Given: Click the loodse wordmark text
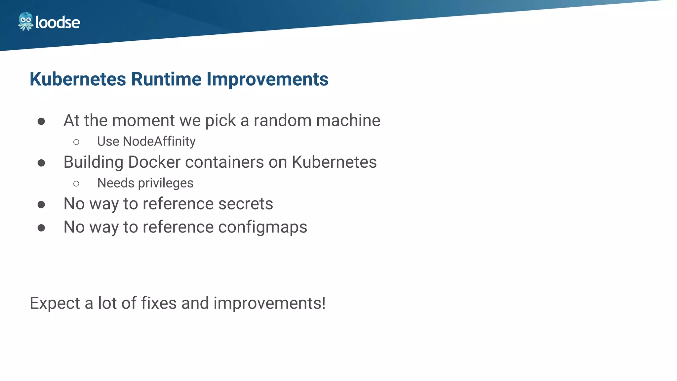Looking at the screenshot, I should (58, 22).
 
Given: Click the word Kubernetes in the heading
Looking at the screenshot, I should (78, 79).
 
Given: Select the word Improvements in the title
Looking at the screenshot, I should (267, 79).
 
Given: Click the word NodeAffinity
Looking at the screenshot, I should (159, 142).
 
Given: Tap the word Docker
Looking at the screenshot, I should (154, 162).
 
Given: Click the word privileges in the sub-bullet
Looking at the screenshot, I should (166, 183).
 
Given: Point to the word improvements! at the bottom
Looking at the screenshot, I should (269, 304).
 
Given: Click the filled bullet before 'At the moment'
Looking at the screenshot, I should (41, 121).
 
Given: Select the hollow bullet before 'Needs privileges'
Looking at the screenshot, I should (76, 184).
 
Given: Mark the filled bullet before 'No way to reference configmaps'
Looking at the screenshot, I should (41, 228).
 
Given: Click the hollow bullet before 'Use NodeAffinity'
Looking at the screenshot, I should (76, 142).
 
